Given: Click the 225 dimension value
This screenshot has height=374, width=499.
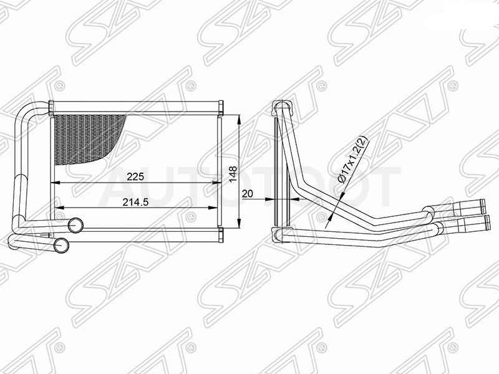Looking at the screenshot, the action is coord(135,176).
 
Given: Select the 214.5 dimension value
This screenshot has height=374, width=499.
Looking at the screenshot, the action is coord(135,202).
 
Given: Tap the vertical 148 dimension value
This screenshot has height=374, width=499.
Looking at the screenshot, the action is coord(233,174).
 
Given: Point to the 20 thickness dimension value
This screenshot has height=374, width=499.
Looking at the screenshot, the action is coord(247,193).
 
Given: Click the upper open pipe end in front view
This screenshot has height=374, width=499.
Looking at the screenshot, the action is coord(75,225).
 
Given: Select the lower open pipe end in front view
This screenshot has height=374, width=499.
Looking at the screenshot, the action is coord(61,245).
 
